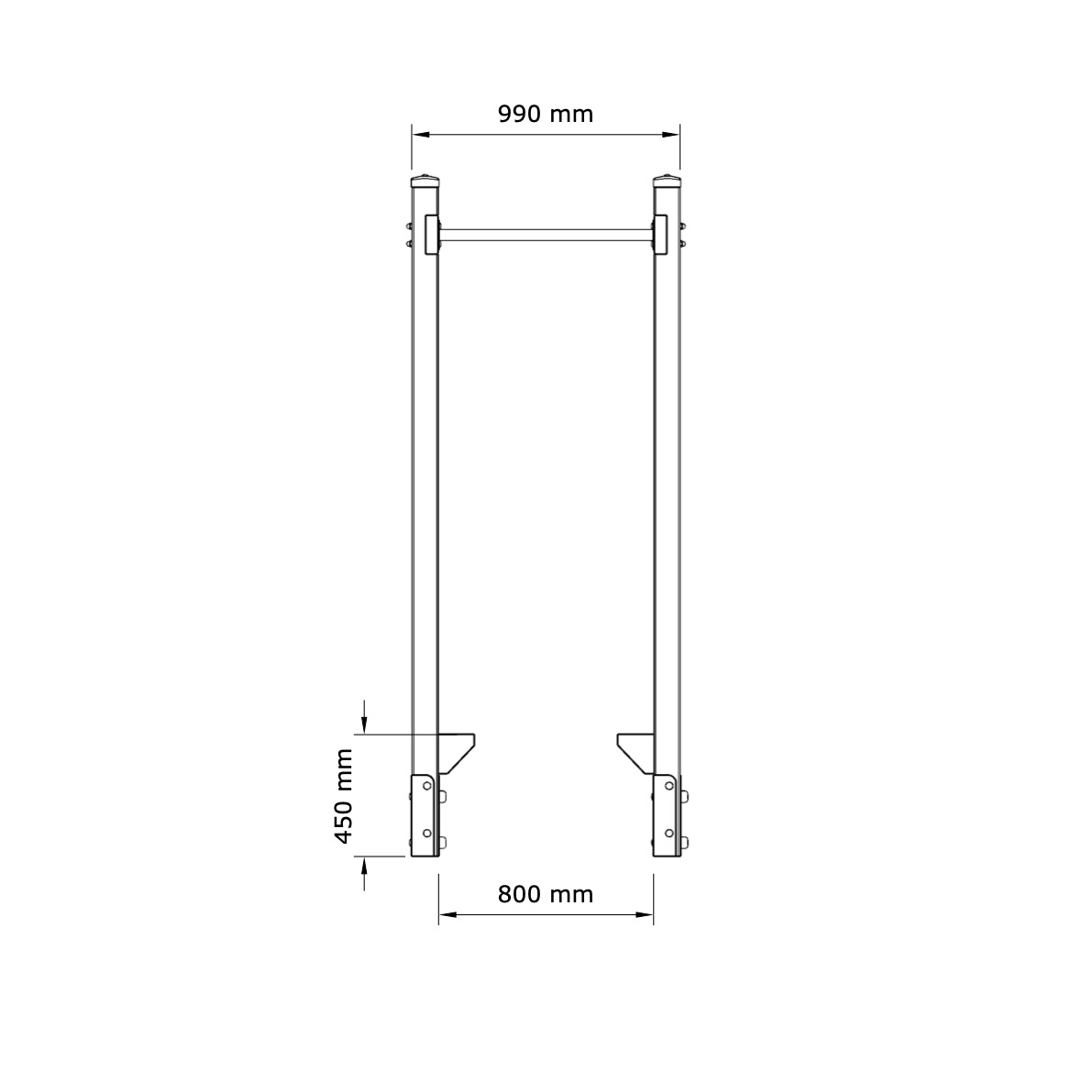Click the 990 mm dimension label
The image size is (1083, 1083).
(546, 114)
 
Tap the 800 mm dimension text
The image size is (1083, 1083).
(546, 894)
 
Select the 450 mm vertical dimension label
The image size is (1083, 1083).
(344, 796)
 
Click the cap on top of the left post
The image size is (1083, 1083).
(425, 182)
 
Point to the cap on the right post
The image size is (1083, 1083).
(668, 182)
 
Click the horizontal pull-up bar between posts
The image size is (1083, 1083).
(547, 235)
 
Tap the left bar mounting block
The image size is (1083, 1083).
(432, 236)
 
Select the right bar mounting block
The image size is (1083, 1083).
(660, 236)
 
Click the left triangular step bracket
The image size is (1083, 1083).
(456, 753)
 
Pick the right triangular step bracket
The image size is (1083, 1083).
(636, 753)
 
